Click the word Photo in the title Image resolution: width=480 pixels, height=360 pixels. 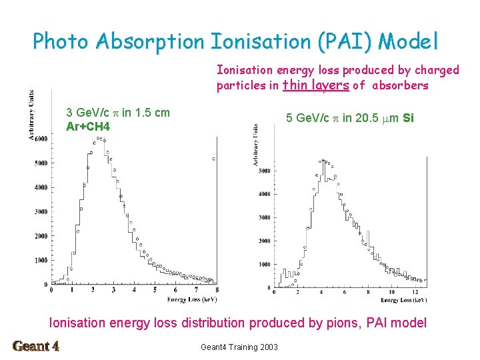pos(61,41)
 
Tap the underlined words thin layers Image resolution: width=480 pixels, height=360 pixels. pos(316,85)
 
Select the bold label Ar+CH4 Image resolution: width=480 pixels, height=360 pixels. pos(88,126)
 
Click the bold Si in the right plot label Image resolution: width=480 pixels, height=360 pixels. pos(409,118)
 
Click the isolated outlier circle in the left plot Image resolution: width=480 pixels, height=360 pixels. pos(213,159)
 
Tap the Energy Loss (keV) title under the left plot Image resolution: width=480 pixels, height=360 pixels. pos(191,299)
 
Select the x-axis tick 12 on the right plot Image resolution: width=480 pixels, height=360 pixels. pos(415,293)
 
